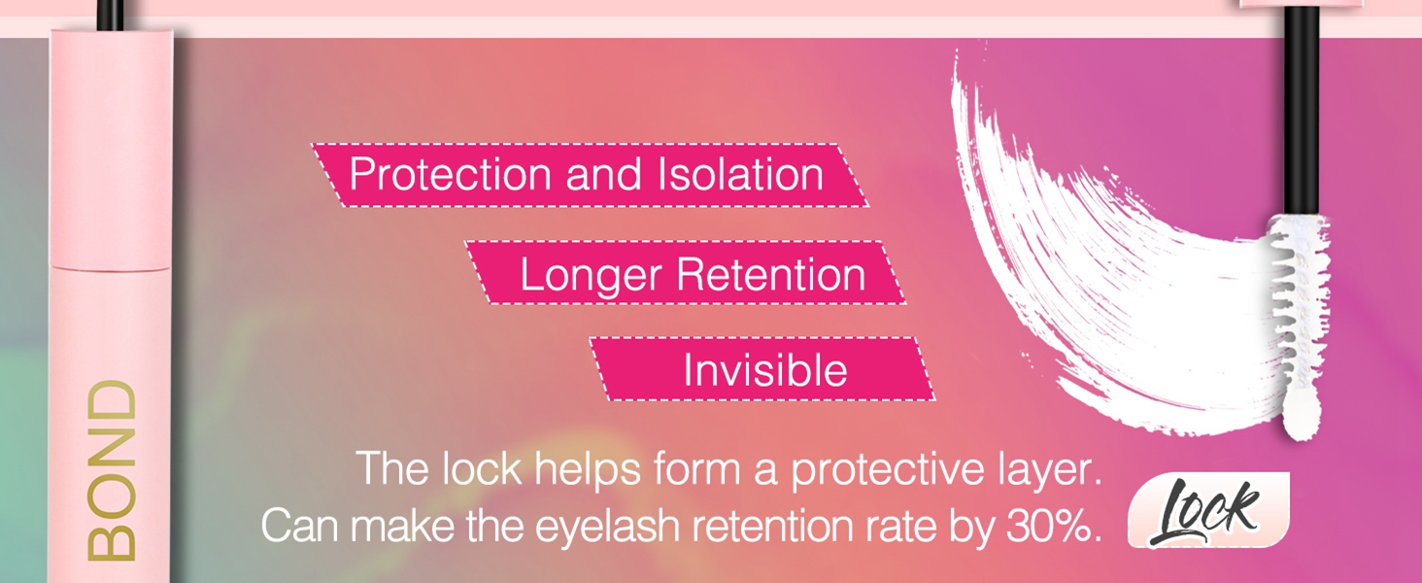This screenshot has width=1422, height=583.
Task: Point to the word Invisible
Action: coord(764,371)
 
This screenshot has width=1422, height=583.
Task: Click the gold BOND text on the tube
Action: coord(112,470)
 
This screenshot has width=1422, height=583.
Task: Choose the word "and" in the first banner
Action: coord(604,175)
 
